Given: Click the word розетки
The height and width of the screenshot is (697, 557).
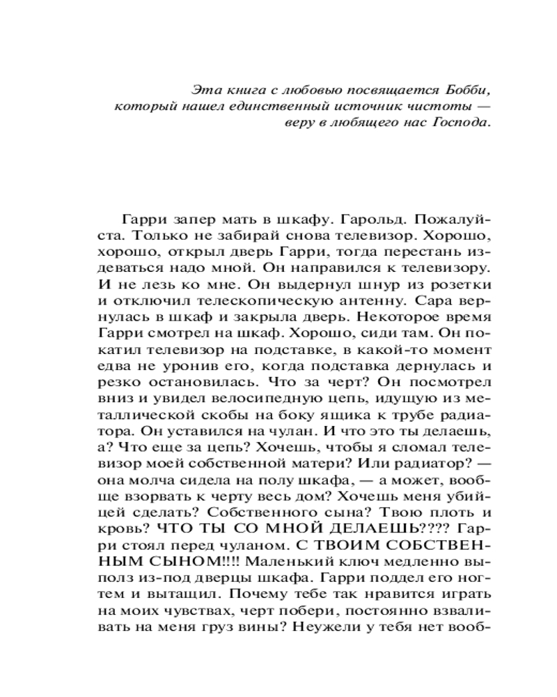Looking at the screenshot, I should pos(462,284).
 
